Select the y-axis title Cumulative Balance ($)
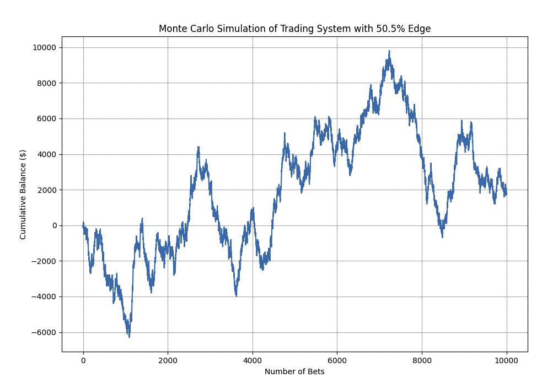(x=23, y=194)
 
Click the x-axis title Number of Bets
(x=294, y=372)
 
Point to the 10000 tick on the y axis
(x=45, y=47)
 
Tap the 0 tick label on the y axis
(x=54, y=225)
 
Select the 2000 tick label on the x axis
(x=168, y=361)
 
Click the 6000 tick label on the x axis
(x=337, y=361)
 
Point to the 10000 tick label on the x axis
(x=506, y=361)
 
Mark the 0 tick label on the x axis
(x=83, y=361)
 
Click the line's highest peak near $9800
(x=389, y=51)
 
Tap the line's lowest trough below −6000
(x=129, y=336)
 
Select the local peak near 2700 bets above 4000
(x=198, y=147)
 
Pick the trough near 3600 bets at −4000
(x=236, y=295)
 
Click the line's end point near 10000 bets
(x=506, y=194)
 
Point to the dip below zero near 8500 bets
(x=442, y=236)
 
